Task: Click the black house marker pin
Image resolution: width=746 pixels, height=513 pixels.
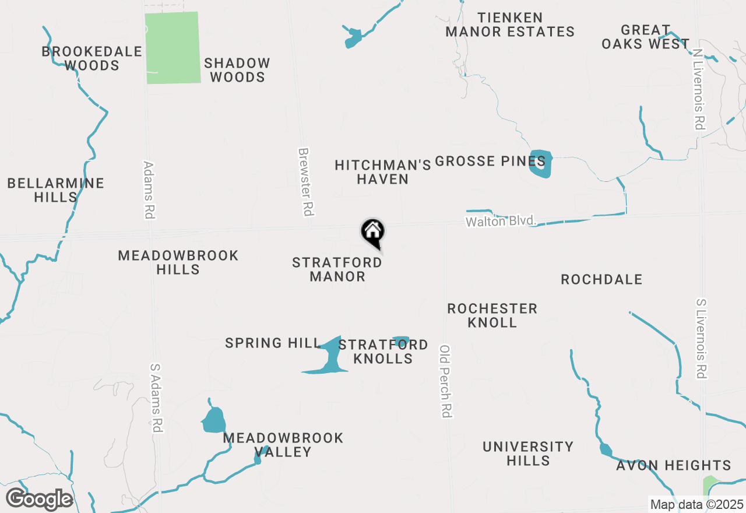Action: pyautogui.click(x=372, y=233)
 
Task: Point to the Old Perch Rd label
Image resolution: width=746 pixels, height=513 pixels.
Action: pyautogui.click(x=446, y=381)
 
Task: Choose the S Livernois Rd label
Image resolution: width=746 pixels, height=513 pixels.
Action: pyautogui.click(x=702, y=339)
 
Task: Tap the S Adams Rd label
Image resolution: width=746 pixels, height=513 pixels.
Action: pyautogui.click(x=156, y=398)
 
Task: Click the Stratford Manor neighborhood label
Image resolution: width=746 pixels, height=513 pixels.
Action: pyautogui.click(x=337, y=269)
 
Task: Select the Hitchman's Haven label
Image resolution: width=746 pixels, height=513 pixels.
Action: pyautogui.click(x=383, y=172)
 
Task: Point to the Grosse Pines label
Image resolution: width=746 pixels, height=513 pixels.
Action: pyautogui.click(x=490, y=161)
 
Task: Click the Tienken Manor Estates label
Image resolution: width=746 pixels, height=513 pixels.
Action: pyautogui.click(x=510, y=24)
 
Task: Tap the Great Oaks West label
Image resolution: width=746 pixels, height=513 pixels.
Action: pyautogui.click(x=645, y=37)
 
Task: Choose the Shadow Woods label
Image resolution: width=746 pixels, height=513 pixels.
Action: pyautogui.click(x=237, y=70)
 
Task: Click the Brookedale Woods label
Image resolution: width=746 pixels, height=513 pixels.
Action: pyautogui.click(x=92, y=58)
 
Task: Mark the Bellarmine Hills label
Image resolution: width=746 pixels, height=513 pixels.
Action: pyautogui.click(x=56, y=190)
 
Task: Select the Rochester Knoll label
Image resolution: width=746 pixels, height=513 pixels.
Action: pyautogui.click(x=492, y=315)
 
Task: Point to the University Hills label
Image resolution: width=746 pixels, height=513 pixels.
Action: pyautogui.click(x=528, y=454)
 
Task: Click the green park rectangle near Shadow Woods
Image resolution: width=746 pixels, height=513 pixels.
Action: pyautogui.click(x=172, y=48)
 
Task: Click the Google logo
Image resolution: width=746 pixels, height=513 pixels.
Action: pyautogui.click(x=39, y=499)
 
